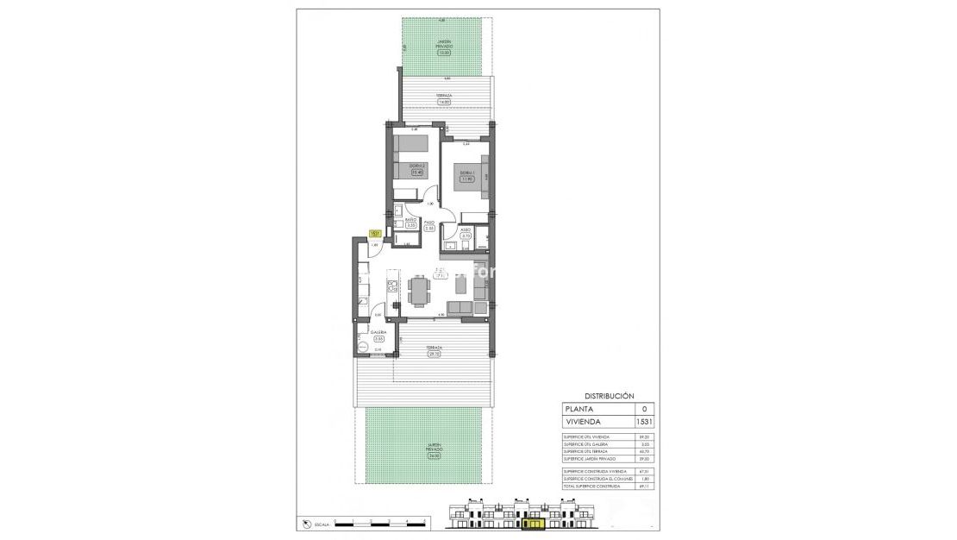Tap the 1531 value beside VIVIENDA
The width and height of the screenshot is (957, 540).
click(644, 422)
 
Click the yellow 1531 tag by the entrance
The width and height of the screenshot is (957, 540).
click(375, 233)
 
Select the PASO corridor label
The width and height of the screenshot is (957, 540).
click(428, 222)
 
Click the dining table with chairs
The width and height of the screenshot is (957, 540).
click(420, 290)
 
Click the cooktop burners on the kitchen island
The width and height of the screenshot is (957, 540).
click(391, 286)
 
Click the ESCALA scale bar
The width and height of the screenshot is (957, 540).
click(380, 523)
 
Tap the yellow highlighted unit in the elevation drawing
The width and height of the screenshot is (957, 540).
click(535, 522)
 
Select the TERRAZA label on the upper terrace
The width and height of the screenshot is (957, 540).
click(444, 96)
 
